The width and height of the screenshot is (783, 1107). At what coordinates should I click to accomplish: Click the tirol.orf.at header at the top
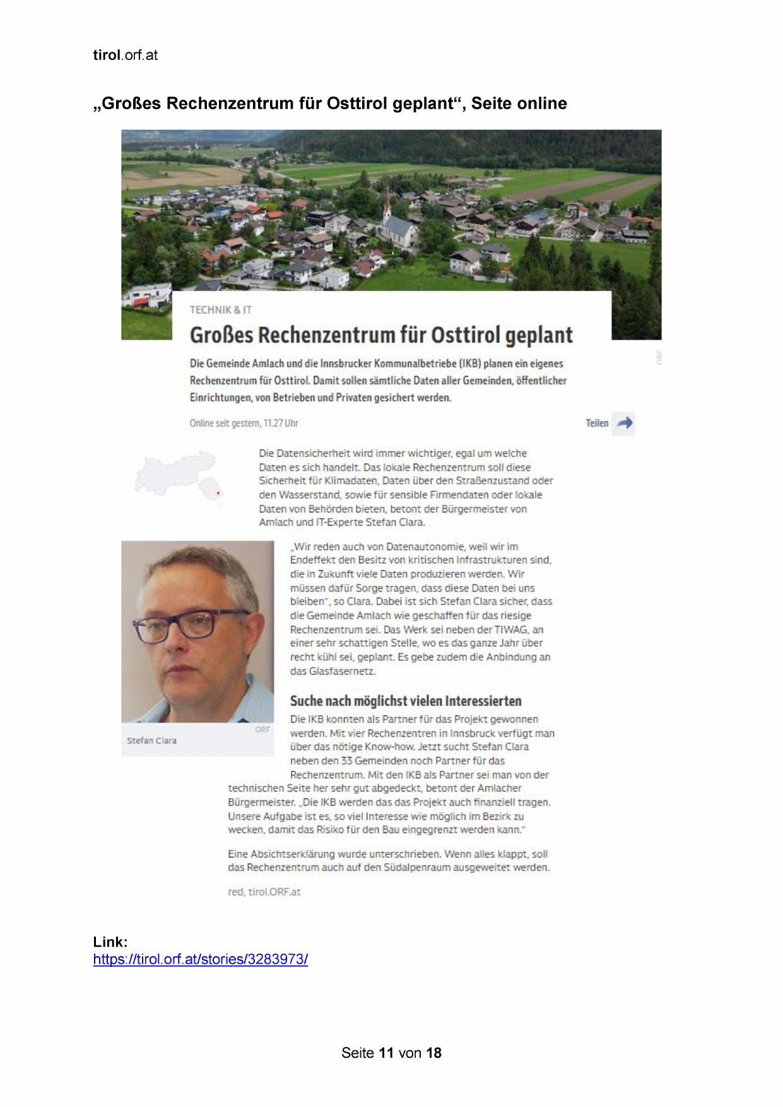(125, 56)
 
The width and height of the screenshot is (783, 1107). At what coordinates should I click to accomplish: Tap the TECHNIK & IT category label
(221, 310)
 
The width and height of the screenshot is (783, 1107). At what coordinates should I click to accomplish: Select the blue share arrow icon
(625, 423)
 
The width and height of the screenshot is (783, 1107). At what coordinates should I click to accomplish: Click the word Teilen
(597, 423)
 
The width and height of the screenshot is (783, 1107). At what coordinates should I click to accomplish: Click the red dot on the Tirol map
(218, 494)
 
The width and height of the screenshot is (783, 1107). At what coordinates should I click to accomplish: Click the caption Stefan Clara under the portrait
(151, 741)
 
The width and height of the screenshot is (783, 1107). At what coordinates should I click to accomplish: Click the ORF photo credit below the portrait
(262, 730)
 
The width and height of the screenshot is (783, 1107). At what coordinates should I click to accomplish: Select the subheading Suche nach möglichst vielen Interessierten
(406, 701)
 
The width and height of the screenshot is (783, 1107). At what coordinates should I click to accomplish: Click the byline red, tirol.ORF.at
(264, 892)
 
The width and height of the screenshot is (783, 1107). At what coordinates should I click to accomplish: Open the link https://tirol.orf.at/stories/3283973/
(201, 960)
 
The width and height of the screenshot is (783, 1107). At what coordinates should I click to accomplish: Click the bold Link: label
(110, 942)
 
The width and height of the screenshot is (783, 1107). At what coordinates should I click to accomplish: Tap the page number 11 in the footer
(387, 1053)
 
